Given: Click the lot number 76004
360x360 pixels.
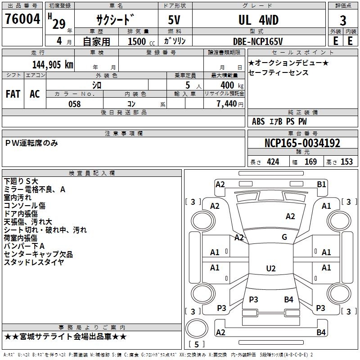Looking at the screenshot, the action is point(22,19).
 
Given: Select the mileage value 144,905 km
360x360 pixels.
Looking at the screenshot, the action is point(53,65).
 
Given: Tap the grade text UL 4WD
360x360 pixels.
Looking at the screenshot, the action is point(258,20).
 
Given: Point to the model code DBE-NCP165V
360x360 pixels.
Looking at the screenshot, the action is point(258,41).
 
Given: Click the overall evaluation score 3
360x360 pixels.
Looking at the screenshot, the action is point(343,20).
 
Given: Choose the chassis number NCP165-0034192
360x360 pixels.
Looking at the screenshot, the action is point(302,143).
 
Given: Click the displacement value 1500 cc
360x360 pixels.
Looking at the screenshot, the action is point(141,41).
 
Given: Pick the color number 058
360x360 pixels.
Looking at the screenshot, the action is point(75,104).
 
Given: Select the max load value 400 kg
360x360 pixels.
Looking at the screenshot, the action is point(232,85).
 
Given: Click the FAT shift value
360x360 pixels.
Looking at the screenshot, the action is point(13,94).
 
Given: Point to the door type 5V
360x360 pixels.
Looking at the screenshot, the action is point(174,20).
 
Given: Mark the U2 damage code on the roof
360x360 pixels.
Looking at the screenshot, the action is point(271,268).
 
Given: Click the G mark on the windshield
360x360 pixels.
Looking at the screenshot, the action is point(284,237).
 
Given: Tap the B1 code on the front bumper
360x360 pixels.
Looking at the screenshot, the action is point(321,184).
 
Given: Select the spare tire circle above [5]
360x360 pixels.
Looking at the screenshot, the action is point(197,328).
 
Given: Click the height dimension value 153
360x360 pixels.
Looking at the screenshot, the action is point(346,162).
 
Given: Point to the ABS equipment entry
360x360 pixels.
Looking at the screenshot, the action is point(258,121).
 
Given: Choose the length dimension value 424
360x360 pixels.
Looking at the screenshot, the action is point(273,162).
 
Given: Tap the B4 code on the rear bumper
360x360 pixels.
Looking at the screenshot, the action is point(321,332).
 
